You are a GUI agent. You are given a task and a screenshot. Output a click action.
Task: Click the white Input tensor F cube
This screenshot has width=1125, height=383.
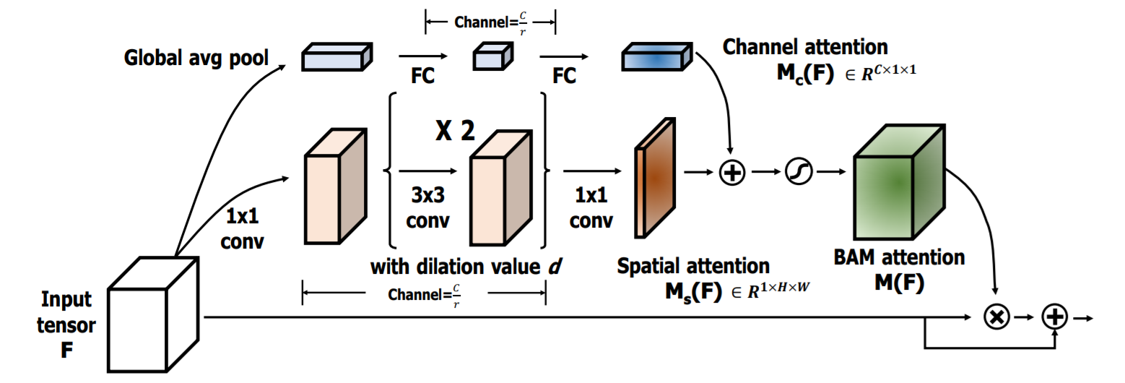coord(152,317)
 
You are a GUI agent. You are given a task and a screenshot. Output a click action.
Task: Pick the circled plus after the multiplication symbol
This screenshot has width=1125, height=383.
coord(1055,317)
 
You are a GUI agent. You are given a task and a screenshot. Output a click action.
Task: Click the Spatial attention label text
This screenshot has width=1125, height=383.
coord(692,266)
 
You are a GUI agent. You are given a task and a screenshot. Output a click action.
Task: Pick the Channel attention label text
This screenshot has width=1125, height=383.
coord(805,47)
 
